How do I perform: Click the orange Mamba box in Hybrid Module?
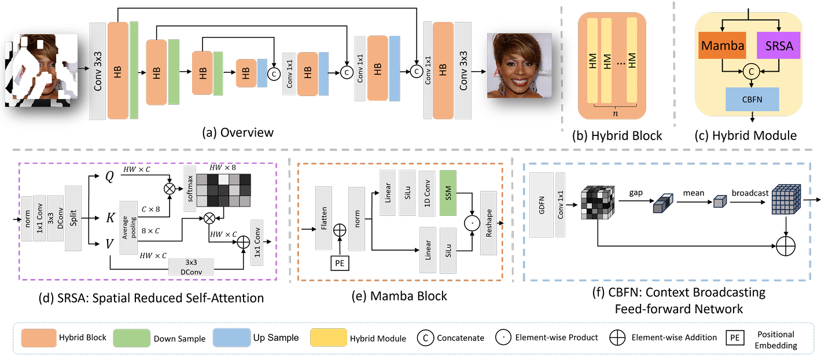pos(722,46)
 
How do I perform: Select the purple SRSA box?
pos(779,46)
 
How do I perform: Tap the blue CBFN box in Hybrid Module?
pos(752,99)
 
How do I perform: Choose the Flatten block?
pos(323,218)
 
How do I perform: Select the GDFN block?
pos(541,205)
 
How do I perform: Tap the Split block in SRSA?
pos(73,218)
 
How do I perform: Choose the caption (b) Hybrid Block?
pos(617,137)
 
